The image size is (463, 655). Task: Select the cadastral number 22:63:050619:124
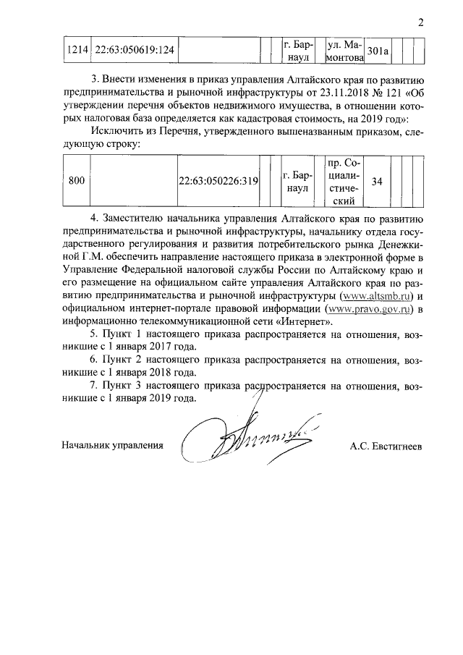click(x=135, y=51)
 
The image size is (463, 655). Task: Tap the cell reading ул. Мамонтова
click(x=345, y=50)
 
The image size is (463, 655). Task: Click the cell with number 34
click(x=377, y=182)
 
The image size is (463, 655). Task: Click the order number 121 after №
click(x=391, y=92)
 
